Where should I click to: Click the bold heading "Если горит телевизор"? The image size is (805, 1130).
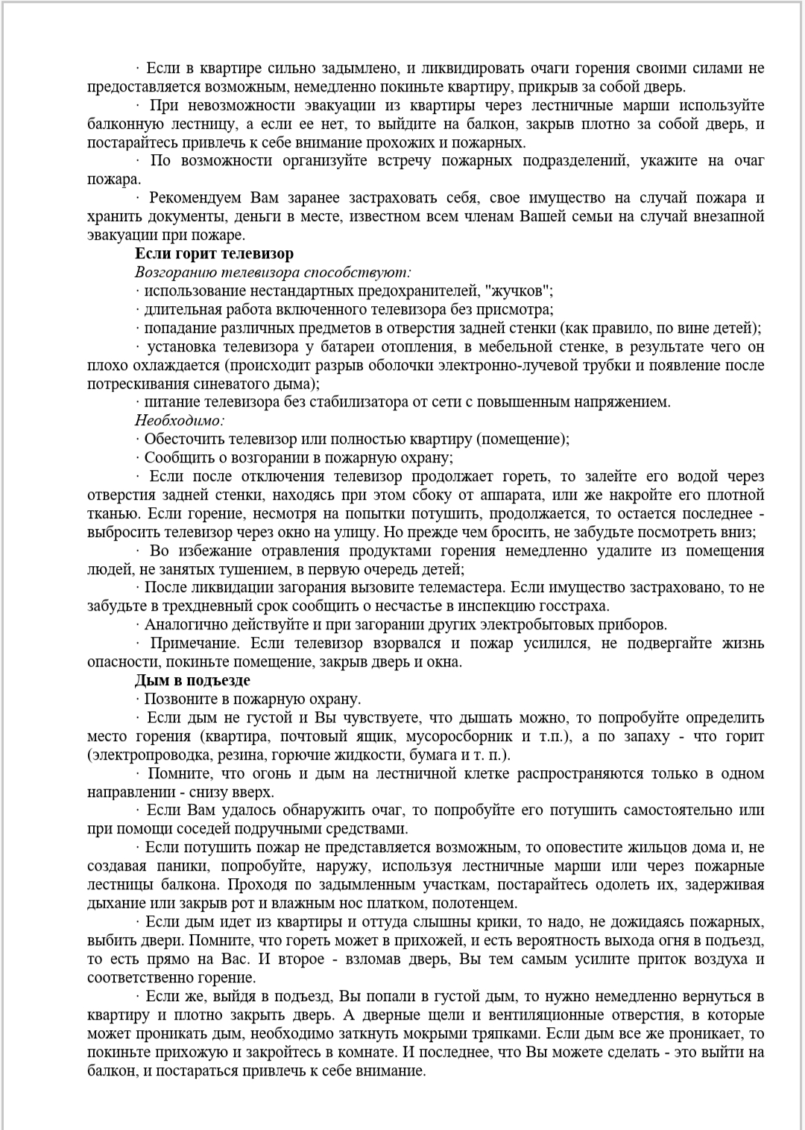214,254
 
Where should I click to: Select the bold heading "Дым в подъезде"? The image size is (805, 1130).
192,680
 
